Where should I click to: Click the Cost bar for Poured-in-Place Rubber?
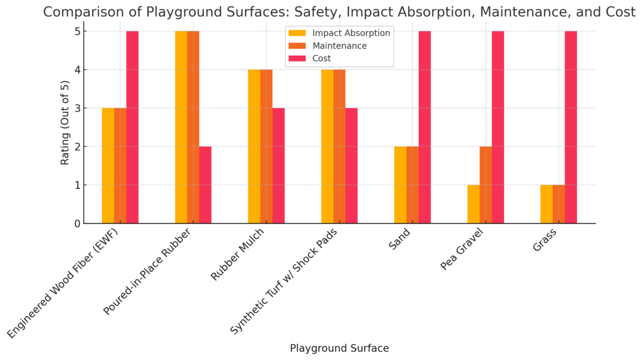click(x=205, y=185)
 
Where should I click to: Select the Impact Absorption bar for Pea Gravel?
click(x=473, y=204)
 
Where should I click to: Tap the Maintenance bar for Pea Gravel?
click(x=486, y=185)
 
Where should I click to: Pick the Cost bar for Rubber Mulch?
click(x=278, y=166)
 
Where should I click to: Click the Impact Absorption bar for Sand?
click(x=400, y=185)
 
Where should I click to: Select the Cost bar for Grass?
click(x=571, y=127)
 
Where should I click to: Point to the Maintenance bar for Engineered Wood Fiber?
click(x=120, y=166)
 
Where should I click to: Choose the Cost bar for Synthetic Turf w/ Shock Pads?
click(x=351, y=166)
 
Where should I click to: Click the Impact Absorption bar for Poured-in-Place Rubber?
click(x=181, y=127)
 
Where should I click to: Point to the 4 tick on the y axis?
click(x=77, y=70)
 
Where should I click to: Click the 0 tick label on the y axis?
click(x=77, y=224)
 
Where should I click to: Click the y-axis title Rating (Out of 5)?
click(x=65, y=122)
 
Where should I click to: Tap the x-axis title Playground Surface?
click(x=339, y=348)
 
